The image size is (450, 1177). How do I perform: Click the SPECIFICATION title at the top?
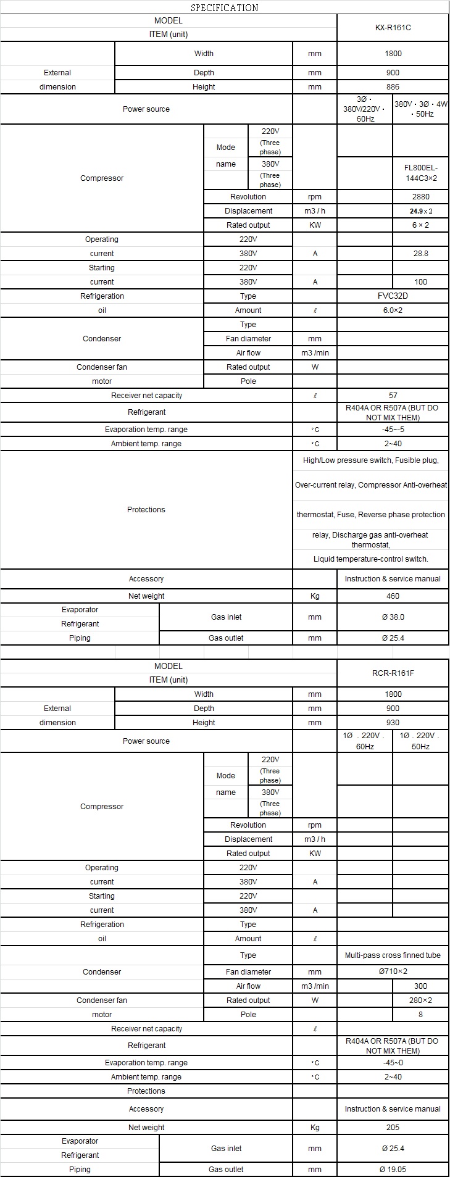click(224, 7)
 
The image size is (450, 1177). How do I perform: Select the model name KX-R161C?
click(393, 28)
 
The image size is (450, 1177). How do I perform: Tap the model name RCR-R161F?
click(393, 673)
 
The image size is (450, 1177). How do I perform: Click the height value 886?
click(393, 87)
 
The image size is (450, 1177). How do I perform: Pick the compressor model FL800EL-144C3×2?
click(421, 173)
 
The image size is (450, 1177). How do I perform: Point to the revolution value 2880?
click(421, 197)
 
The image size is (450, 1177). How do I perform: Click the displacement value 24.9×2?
click(421, 211)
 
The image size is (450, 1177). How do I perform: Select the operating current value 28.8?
click(421, 254)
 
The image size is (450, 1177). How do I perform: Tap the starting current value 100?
click(421, 282)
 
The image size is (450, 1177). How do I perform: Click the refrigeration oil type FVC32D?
click(393, 296)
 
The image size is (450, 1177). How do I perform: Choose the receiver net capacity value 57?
click(393, 396)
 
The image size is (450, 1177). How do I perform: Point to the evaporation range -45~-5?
click(393, 430)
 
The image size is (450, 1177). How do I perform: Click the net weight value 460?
click(393, 596)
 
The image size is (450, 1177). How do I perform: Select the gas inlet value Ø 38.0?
click(393, 617)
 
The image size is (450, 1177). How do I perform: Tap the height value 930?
click(393, 723)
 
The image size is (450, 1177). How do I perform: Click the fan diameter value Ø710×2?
click(393, 971)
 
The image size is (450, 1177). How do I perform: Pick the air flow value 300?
click(421, 986)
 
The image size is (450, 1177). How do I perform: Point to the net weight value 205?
click(393, 1127)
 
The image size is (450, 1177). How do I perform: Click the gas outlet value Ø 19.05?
click(393, 1169)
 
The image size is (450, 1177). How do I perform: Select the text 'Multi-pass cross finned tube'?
click(393, 955)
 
